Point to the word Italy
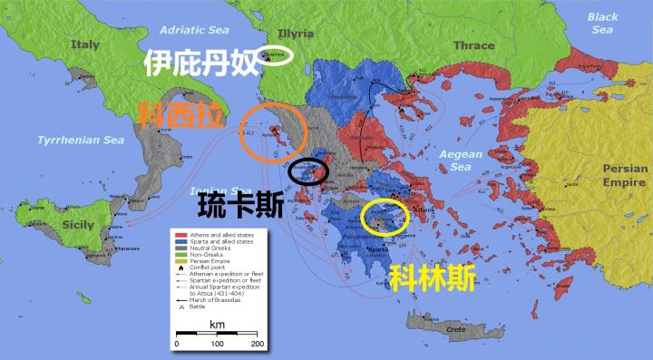[x=86, y=44]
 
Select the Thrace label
[x=474, y=45]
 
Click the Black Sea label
[x=602, y=23]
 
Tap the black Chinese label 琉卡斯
[x=240, y=204]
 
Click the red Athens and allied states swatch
[x=180, y=235]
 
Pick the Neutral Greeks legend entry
[x=208, y=248]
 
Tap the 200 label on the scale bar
[x=257, y=345]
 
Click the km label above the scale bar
[x=217, y=324]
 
